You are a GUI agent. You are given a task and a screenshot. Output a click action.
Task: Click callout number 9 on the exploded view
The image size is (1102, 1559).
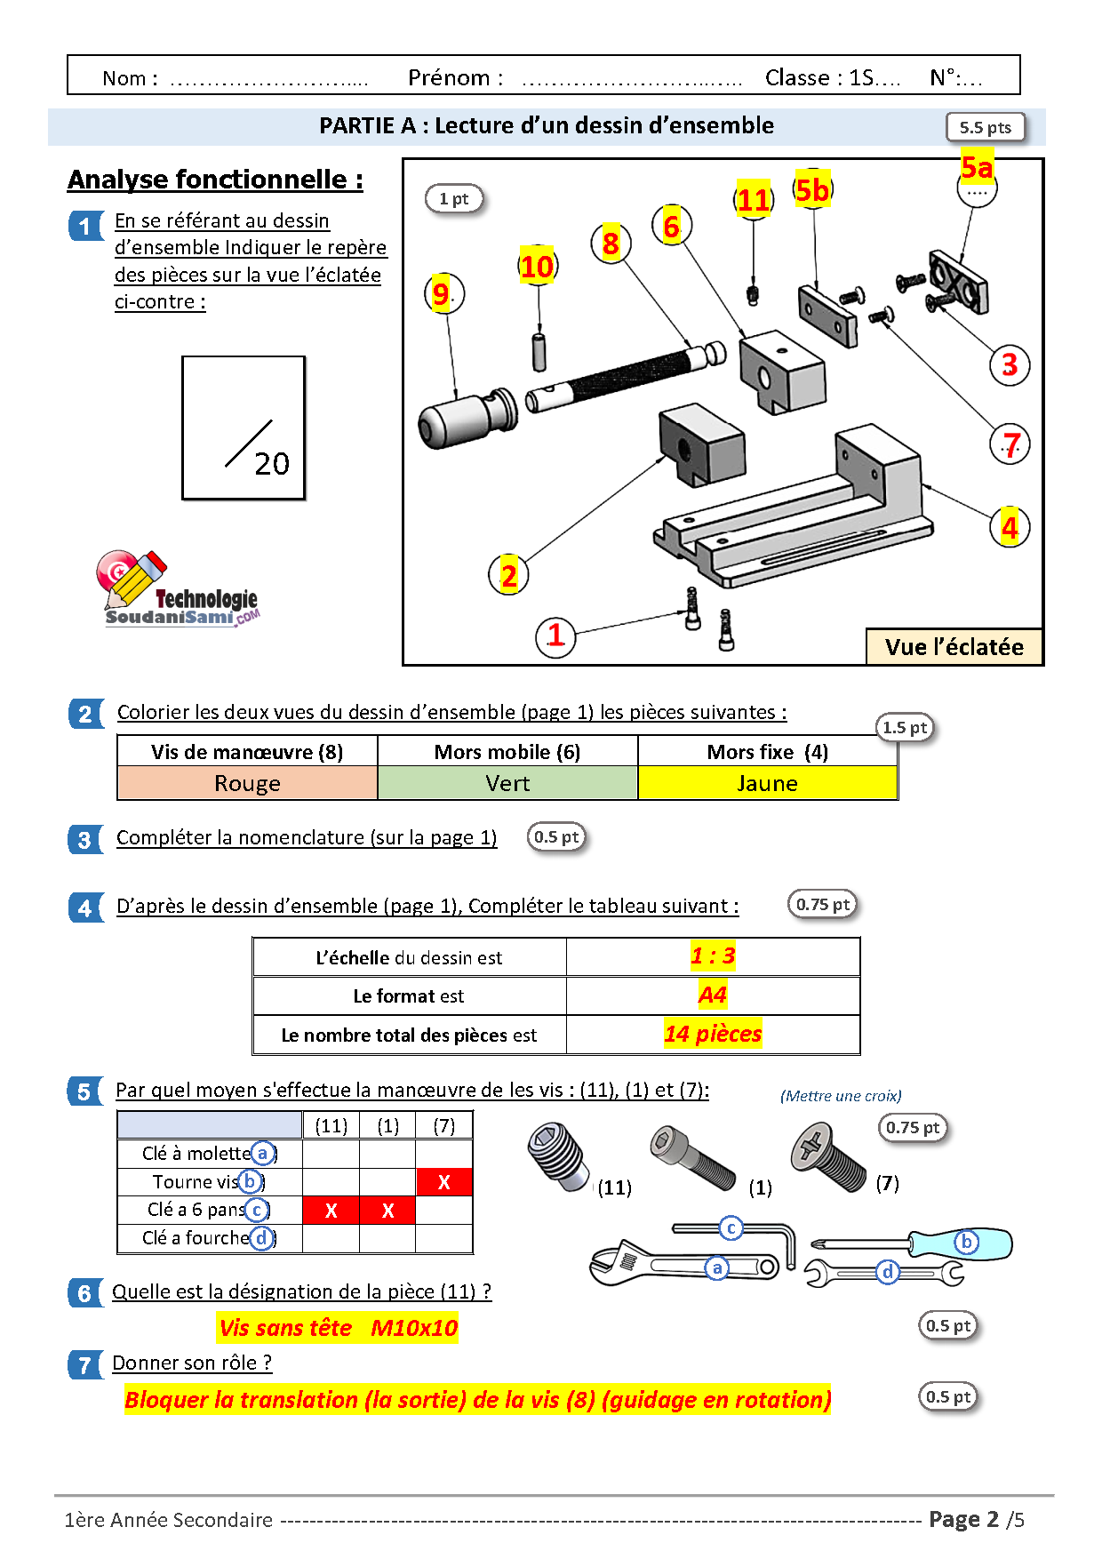(x=442, y=293)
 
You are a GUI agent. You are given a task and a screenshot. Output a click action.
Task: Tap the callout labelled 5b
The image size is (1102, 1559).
(x=811, y=190)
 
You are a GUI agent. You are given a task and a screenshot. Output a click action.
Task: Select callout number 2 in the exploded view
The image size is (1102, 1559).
(x=508, y=576)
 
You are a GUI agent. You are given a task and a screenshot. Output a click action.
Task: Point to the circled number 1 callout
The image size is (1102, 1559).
(x=555, y=636)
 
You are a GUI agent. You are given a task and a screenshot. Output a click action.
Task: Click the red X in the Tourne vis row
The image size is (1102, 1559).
(x=444, y=1182)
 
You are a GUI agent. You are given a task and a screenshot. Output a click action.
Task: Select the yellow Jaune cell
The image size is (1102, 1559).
(x=768, y=784)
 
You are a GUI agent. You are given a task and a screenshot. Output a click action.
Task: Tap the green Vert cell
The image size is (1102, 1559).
(x=507, y=784)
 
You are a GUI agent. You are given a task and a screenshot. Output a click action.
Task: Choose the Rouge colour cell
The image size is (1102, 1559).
(x=247, y=784)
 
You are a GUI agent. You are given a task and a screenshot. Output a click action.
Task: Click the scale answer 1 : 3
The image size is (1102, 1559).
(x=713, y=956)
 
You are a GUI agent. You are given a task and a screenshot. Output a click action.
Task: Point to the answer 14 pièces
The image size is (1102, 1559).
(x=713, y=1034)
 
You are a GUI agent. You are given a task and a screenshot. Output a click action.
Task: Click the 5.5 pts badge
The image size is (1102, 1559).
(x=985, y=127)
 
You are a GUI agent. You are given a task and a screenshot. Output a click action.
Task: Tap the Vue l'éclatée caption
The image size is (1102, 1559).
(x=954, y=647)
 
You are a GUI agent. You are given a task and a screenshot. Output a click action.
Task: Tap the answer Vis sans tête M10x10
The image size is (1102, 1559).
(x=338, y=1328)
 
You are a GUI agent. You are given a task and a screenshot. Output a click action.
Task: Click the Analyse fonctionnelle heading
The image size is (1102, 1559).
(x=215, y=180)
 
